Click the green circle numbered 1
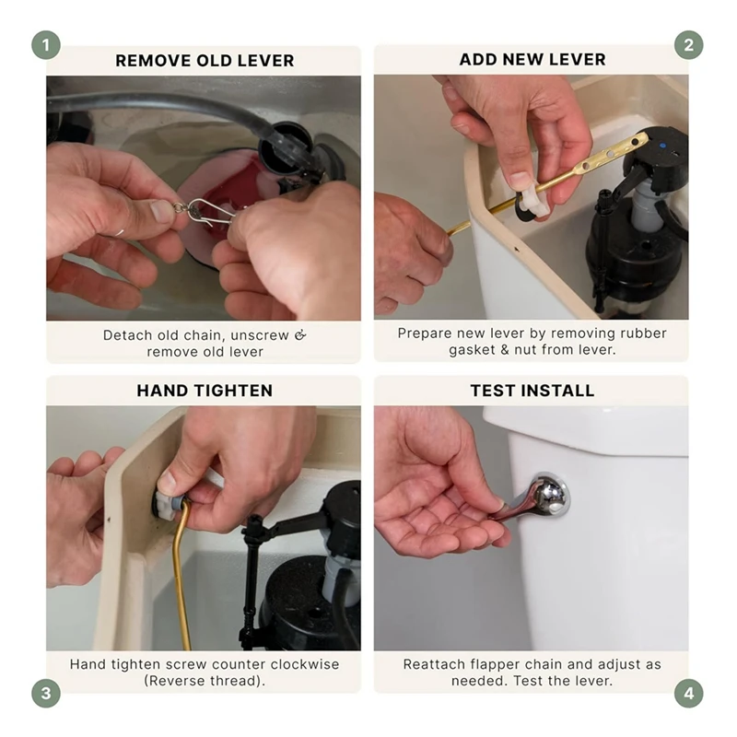click(x=46, y=45)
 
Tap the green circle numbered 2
click(x=688, y=45)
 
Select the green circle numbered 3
click(x=46, y=693)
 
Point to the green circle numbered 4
click(x=688, y=693)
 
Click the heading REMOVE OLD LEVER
click(x=205, y=61)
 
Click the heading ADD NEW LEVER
click(x=532, y=60)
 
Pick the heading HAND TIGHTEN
click(x=205, y=391)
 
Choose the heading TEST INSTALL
click(x=532, y=391)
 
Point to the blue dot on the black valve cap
click(x=662, y=146)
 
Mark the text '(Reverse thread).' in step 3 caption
click(x=205, y=681)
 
